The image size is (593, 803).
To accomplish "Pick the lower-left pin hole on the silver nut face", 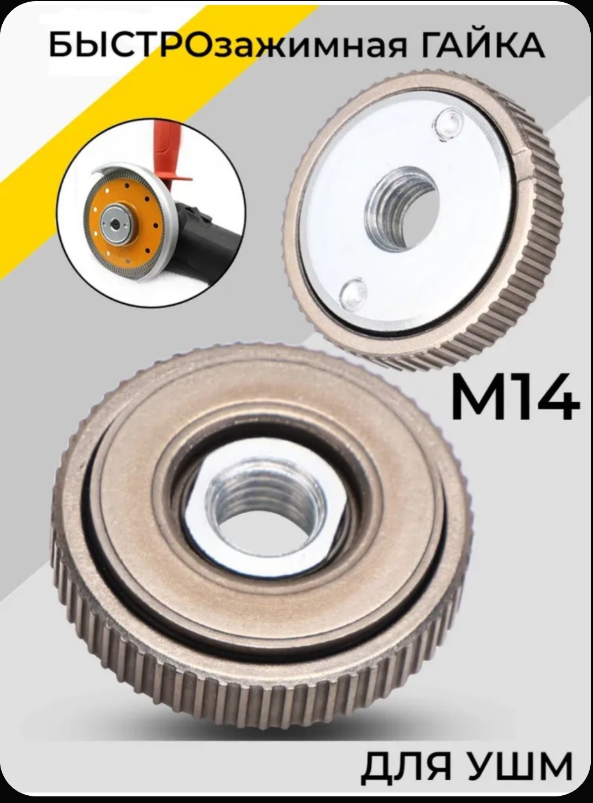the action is click(x=354, y=293).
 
